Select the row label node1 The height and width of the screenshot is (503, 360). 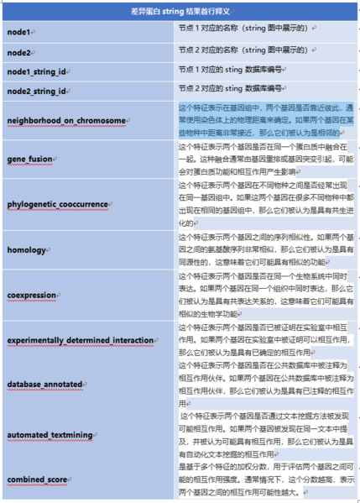click(19, 32)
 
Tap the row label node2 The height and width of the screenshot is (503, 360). click(19, 51)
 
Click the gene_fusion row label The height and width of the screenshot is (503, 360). click(31, 159)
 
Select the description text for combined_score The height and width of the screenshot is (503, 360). click(265, 479)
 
